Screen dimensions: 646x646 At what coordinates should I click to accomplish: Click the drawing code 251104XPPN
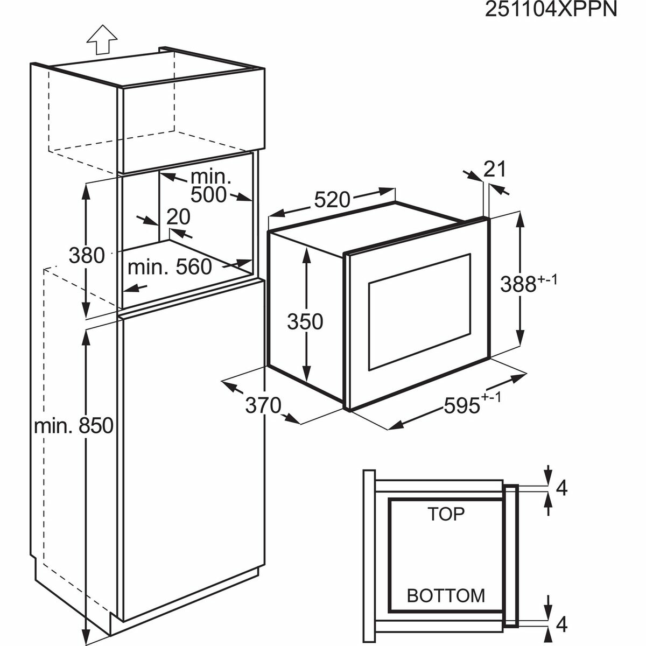pos(550,10)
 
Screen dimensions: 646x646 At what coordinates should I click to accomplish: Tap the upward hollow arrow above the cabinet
pos(102,40)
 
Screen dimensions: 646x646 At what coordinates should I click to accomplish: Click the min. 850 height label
pos(74,426)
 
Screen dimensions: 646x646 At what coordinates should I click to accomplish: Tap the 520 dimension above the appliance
pos(332,200)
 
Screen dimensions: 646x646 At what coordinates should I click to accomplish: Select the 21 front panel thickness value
pos(495,169)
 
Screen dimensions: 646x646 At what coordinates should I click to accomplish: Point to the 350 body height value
pos(305,322)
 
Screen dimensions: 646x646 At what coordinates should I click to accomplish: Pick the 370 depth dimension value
pos(263,404)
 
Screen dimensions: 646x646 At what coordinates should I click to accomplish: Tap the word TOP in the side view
pos(446,514)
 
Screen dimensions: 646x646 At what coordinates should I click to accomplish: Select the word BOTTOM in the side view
pos(446,595)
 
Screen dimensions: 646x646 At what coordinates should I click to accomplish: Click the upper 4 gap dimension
pos(561,488)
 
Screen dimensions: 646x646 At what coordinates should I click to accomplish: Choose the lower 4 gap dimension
pos(561,624)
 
